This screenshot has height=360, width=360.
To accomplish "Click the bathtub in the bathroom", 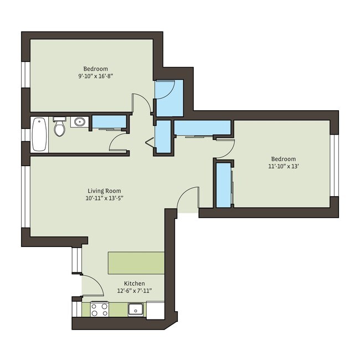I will coord(39,135).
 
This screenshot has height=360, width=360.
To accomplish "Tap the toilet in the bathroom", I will coord(60,127).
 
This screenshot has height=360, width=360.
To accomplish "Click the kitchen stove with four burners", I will coord(99,309).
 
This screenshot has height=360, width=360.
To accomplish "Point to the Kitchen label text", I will coord(135,283).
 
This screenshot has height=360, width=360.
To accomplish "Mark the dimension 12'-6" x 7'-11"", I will coord(135,291).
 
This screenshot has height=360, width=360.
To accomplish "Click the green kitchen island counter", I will coord(136,263).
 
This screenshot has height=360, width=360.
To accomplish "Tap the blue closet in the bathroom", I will coord(108,122).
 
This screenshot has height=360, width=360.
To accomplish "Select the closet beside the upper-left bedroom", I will coord(168,97).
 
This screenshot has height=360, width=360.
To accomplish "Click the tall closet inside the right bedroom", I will coord(224,184).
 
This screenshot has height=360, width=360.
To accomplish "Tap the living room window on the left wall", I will coord(25,197).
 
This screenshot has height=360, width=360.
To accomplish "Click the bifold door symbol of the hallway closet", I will coord(150,142).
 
